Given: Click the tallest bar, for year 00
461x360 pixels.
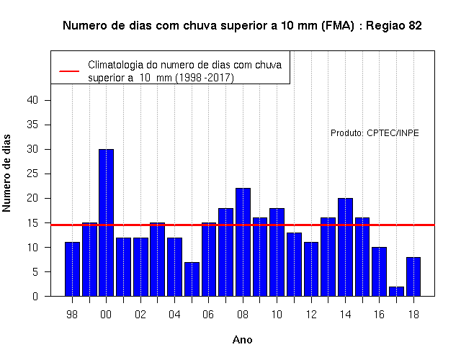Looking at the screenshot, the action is pos(106,222).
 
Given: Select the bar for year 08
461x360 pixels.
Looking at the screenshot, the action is pos(243,242).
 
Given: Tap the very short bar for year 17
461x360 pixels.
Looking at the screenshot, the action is pos(396,291).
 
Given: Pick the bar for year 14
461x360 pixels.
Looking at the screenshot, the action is pos(345,247).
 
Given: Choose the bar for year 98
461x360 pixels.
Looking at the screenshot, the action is pos(72,269).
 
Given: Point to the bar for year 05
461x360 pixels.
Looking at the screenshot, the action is pos(192,279).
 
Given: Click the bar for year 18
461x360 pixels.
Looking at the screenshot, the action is pos(413,276).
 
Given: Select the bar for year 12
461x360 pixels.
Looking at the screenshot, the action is pos(311,269).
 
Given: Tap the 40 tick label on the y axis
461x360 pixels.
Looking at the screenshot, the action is pos(32,100).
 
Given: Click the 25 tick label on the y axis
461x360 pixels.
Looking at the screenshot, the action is pos(32,174).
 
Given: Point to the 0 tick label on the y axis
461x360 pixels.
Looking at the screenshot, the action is pos(35,296).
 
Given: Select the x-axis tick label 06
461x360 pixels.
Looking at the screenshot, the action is pos(208,315).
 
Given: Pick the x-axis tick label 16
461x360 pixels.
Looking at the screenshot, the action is pos(379,315).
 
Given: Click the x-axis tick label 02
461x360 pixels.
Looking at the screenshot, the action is pos(140,315).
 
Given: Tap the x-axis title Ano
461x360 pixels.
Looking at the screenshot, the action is pos(243,340).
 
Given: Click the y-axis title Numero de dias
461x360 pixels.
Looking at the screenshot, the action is pos(6,173).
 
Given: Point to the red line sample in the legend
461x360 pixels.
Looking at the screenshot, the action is pos(69,71).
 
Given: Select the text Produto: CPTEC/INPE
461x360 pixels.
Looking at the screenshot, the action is pos(375,133).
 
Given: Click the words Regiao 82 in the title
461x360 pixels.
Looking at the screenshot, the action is pos(394,26).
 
